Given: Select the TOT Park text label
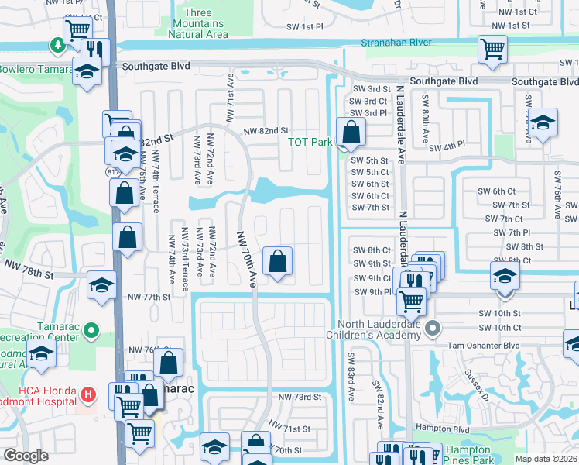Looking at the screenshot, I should (x=310, y=142).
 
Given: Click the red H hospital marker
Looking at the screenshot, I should (x=89, y=394).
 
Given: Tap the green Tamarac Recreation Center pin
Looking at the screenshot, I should (x=91, y=331).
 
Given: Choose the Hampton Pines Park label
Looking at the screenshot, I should (x=468, y=455).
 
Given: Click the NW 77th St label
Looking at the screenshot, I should (x=148, y=297).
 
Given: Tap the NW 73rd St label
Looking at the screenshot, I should (x=299, y=398).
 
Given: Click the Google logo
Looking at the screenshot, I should (x=26, y=456).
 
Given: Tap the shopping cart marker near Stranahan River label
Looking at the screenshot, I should (x=492, y=49).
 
